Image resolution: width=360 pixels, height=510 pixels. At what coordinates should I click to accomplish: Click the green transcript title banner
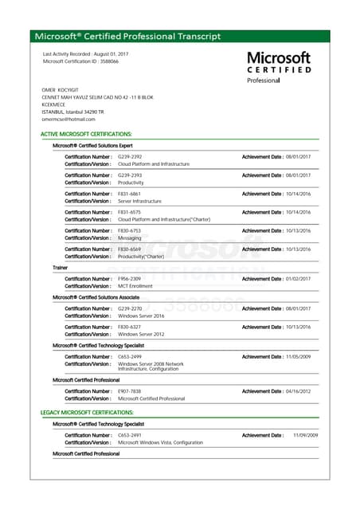(x=180, y=37)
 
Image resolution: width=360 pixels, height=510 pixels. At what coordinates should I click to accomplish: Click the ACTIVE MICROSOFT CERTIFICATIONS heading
(x=86, y=135)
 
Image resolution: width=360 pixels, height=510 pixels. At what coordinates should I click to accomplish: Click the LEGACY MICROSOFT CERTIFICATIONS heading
(x=87, y=412)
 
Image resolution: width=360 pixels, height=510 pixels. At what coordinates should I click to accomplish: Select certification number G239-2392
(x=130, y=156)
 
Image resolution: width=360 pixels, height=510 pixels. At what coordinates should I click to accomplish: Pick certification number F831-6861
(x=130, y=194)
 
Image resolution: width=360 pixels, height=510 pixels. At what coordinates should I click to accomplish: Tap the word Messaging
(x=131, y=237)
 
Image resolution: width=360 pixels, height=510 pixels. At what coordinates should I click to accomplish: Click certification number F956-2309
(x=130, y=279)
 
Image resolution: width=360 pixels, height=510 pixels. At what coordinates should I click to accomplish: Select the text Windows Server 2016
(x=141, y=316)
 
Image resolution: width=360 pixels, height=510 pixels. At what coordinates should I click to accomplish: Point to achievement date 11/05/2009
(x=302, y=357)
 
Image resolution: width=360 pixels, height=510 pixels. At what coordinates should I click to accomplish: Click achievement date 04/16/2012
(x=302, y=391)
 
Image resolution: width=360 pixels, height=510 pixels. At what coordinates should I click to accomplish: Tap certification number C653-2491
(x=130, y=435)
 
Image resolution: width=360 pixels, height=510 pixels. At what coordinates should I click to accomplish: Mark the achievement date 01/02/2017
(x=302, y=279)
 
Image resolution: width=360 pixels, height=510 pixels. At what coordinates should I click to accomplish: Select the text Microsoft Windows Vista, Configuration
(x=160, y=442)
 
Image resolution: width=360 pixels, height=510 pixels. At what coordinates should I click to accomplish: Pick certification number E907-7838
(x=130, y=391)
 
